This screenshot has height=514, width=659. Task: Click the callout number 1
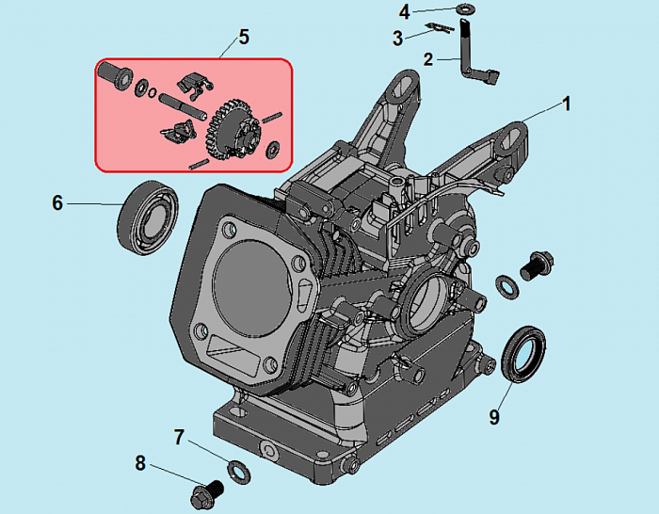[x=567, y=104]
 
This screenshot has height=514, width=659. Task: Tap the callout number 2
[x=428, y=59]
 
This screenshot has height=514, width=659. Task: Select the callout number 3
[x=398, y=37]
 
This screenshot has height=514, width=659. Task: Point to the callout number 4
[x=405, y=12]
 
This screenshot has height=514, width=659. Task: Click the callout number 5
[x=243, y=38]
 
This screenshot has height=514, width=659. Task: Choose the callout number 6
[x=56, y=202]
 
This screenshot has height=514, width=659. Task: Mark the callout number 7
[x=178, y=437]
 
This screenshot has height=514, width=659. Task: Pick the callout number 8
[x=140, y=462]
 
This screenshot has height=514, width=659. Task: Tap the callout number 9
[x=493, y=415]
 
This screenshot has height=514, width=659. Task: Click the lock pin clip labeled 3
[x=436, y=27]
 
